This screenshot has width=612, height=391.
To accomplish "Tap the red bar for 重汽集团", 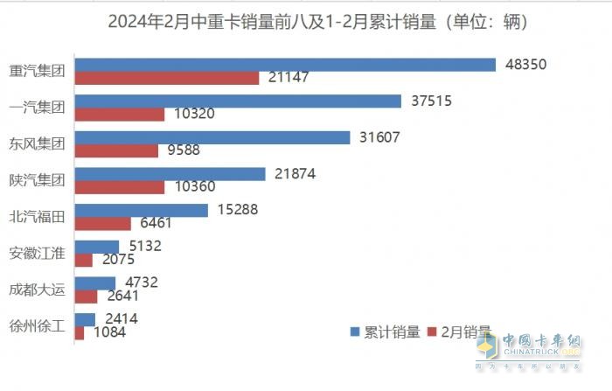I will coord(167,78).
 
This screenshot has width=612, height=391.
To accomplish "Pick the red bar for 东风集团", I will coord(117,150).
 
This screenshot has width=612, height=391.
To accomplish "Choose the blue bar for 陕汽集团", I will coord(170,174).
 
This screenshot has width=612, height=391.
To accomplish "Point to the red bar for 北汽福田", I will coord(103,223).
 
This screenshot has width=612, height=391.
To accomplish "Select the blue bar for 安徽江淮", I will coord(97,247).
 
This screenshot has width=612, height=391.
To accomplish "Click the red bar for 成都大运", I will coord(87,296).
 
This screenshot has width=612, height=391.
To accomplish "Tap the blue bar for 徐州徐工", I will coord(86,319).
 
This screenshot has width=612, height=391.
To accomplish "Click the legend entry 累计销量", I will coord(392,332).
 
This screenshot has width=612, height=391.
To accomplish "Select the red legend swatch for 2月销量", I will coord(435,332).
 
